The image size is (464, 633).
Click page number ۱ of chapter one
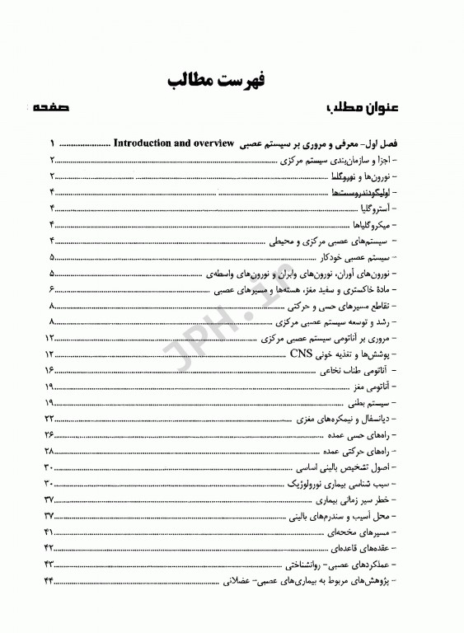[x=51, y=143]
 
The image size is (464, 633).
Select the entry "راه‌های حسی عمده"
[x=363, y=435]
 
